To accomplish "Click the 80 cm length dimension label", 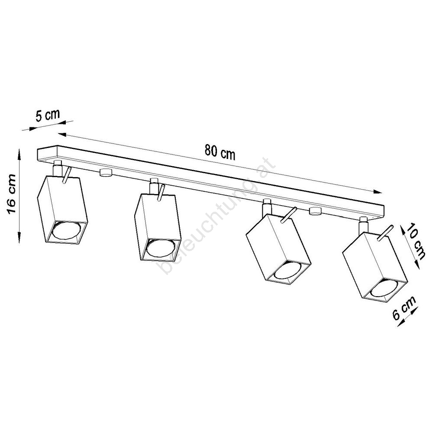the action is point(220,152).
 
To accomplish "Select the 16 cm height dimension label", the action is point(12,194).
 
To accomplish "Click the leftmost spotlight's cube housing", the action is point(62,210).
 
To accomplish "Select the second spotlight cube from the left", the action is point(158,228).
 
